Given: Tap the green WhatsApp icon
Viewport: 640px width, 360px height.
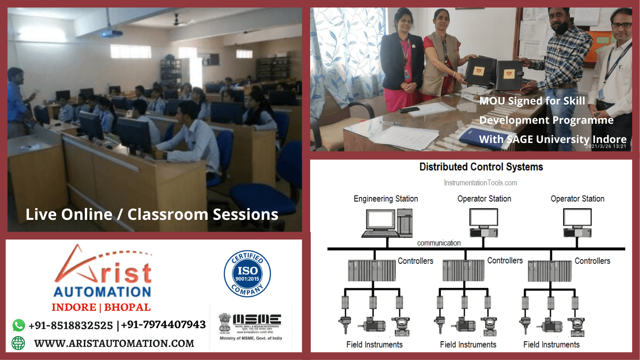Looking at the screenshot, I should (x=19, y=325).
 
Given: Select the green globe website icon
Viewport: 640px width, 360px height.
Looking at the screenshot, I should (x=18, y=343).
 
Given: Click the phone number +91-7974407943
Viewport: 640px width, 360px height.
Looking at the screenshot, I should (x=164, y=324).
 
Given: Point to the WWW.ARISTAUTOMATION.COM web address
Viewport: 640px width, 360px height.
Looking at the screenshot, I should (x=114, y=343).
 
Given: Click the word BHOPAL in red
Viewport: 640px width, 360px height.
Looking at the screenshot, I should (x=127, y=307).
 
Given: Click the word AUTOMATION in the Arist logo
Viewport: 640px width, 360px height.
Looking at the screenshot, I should (x=102, y=292).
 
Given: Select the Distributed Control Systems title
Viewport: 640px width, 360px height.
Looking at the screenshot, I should (x=481, y=167).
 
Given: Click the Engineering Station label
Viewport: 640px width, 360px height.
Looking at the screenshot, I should (x=386, y=199).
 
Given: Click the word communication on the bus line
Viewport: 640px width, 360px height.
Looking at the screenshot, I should (x=439, y=243).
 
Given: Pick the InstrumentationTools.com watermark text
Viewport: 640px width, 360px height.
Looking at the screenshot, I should (x=480, y=183).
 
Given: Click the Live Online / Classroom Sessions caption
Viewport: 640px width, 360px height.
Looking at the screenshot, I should (x=152, y=215).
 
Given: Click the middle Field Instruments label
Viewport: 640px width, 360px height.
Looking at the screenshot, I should (x=468, y=345).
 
